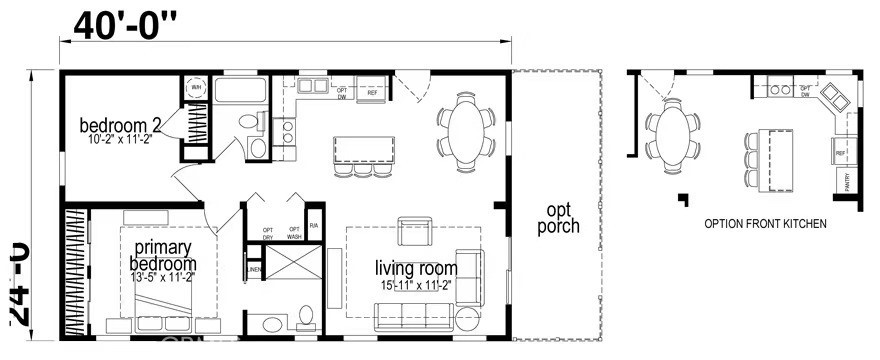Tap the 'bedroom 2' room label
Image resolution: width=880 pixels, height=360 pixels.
click(121, 126)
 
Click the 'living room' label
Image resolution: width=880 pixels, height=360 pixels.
click(416, 268)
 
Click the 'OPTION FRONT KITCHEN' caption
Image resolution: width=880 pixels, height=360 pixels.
click(765, 224)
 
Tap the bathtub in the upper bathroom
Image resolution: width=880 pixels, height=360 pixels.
click(241, 94)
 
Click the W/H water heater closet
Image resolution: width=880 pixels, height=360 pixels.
click(195, 87)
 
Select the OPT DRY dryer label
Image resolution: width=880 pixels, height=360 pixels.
click(268, 234)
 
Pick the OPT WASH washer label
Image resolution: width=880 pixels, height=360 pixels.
click(295, 234)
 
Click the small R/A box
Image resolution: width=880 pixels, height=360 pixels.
click(314, 226)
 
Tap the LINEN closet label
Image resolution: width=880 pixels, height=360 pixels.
click(253, 271)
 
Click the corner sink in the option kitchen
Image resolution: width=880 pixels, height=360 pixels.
click(835, 98)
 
